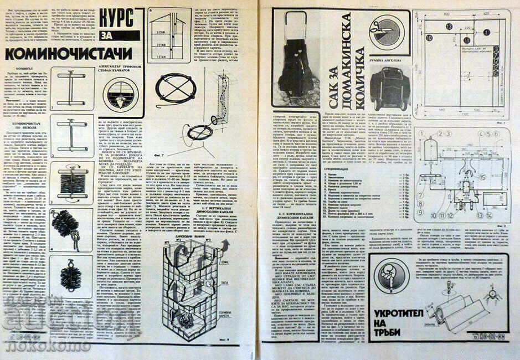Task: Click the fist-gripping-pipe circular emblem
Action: pos(391,276)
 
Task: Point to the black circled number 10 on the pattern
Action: pos(428,38)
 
